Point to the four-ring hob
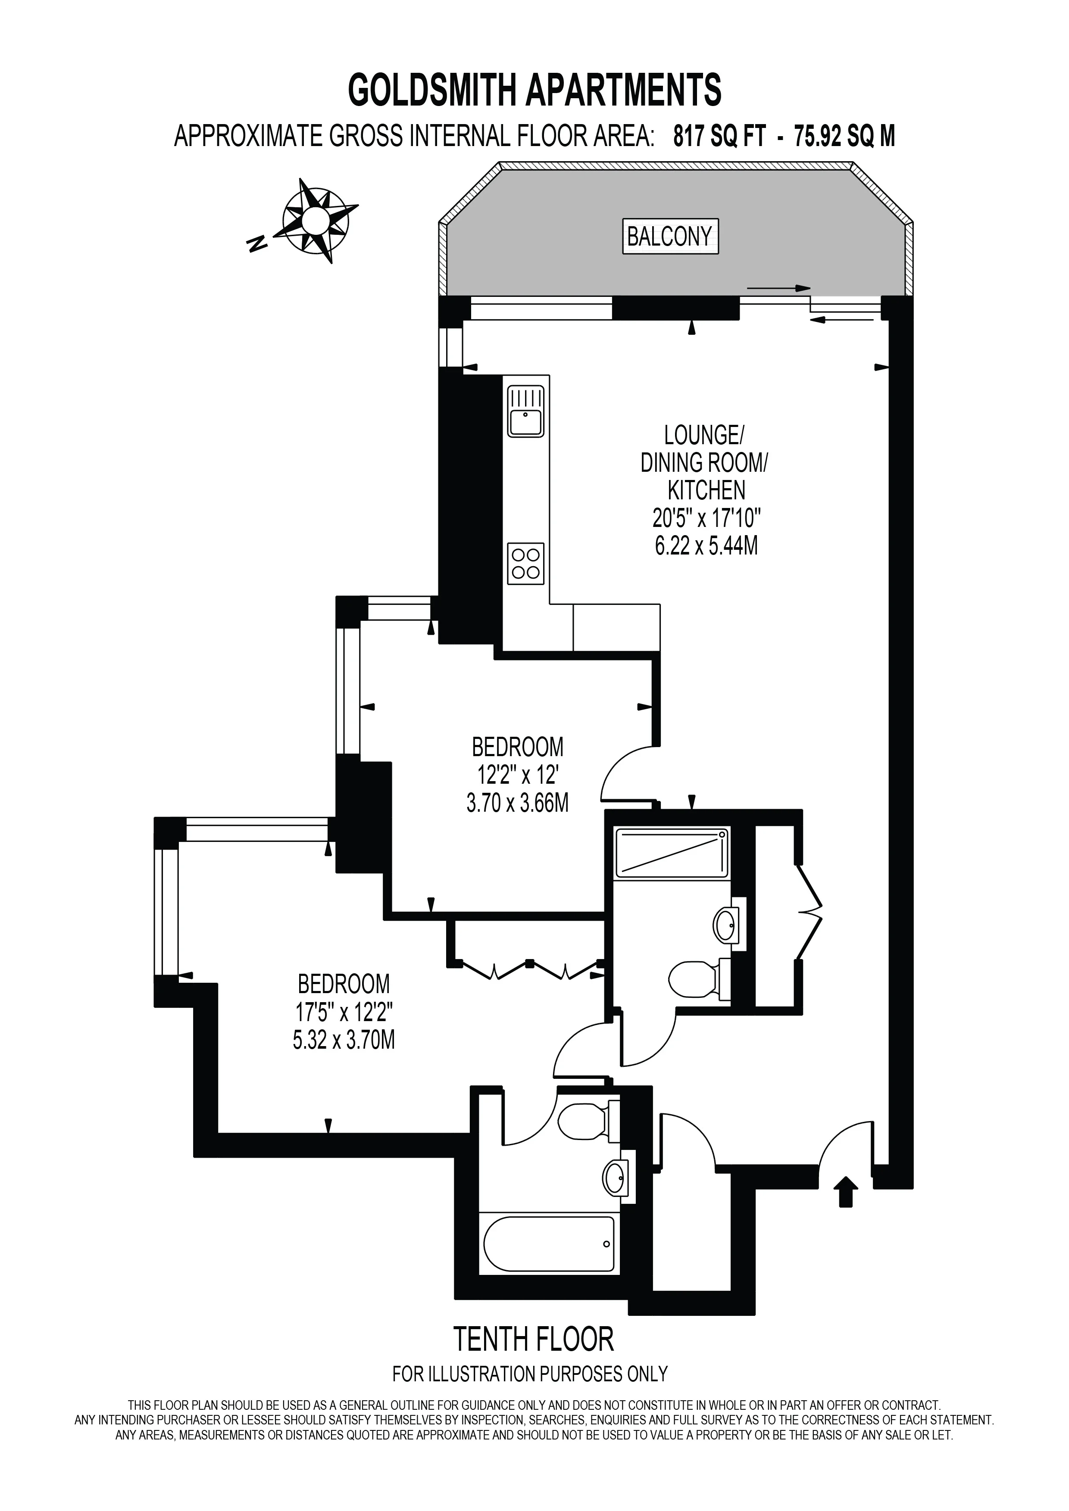pyautogui.click(x=526, y=563)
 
